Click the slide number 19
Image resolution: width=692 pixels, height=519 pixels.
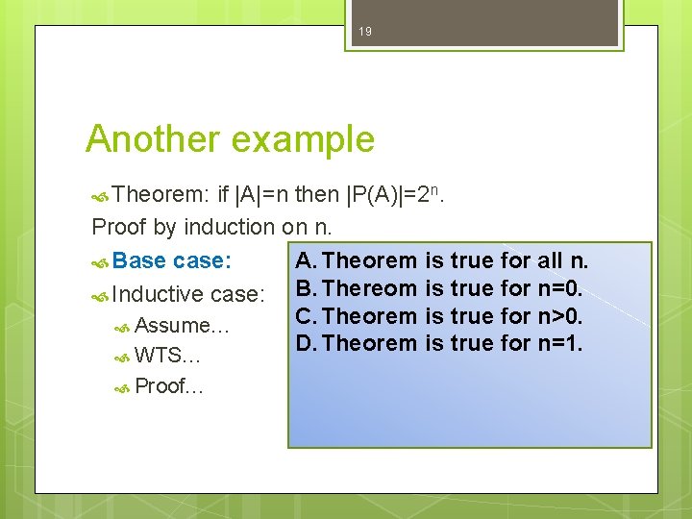point(364,32)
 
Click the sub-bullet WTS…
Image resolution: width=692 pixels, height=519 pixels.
point(167,357)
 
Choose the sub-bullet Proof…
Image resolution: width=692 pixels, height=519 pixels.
point(169,386)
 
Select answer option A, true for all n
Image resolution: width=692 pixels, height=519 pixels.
point(442,260)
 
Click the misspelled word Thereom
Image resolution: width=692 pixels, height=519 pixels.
point(370,287)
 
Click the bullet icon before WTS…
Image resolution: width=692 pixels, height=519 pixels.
point(122,358)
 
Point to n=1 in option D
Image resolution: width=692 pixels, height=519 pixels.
point(560,343)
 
